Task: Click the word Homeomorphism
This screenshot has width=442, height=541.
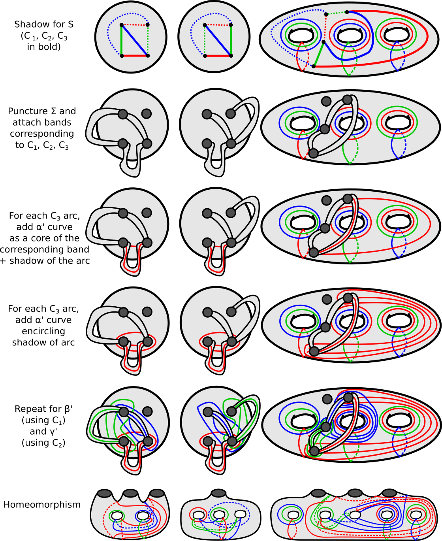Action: [x=42, y=504]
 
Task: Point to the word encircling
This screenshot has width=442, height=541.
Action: [x=43, y=331]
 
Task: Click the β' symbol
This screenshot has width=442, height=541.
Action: [x=68, y=409]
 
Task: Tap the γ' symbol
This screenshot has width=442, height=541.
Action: [x=53, y=431]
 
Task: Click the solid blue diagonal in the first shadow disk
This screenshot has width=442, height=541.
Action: [x=135, y=40]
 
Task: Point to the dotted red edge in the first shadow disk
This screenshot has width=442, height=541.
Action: [x=135, y=25]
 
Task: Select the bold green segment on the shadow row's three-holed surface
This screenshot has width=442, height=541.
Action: [x=318, y=54]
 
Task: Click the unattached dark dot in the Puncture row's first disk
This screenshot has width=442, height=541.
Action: [x=147, y=114]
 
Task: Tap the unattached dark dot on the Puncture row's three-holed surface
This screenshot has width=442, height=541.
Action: [x=326, y=101]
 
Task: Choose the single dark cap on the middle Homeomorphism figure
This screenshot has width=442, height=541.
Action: [x=218, y=493]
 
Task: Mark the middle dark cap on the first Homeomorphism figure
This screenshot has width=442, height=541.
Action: [x=130, y=493]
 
